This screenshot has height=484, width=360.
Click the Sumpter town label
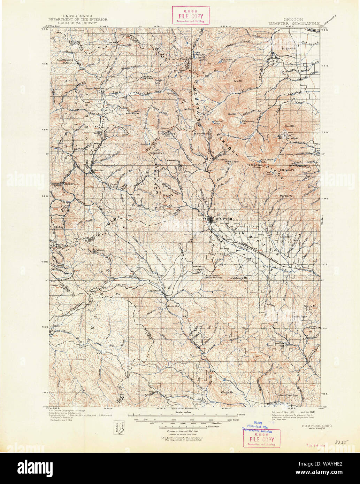[223, 218]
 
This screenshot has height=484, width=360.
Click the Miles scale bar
[183, 415]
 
